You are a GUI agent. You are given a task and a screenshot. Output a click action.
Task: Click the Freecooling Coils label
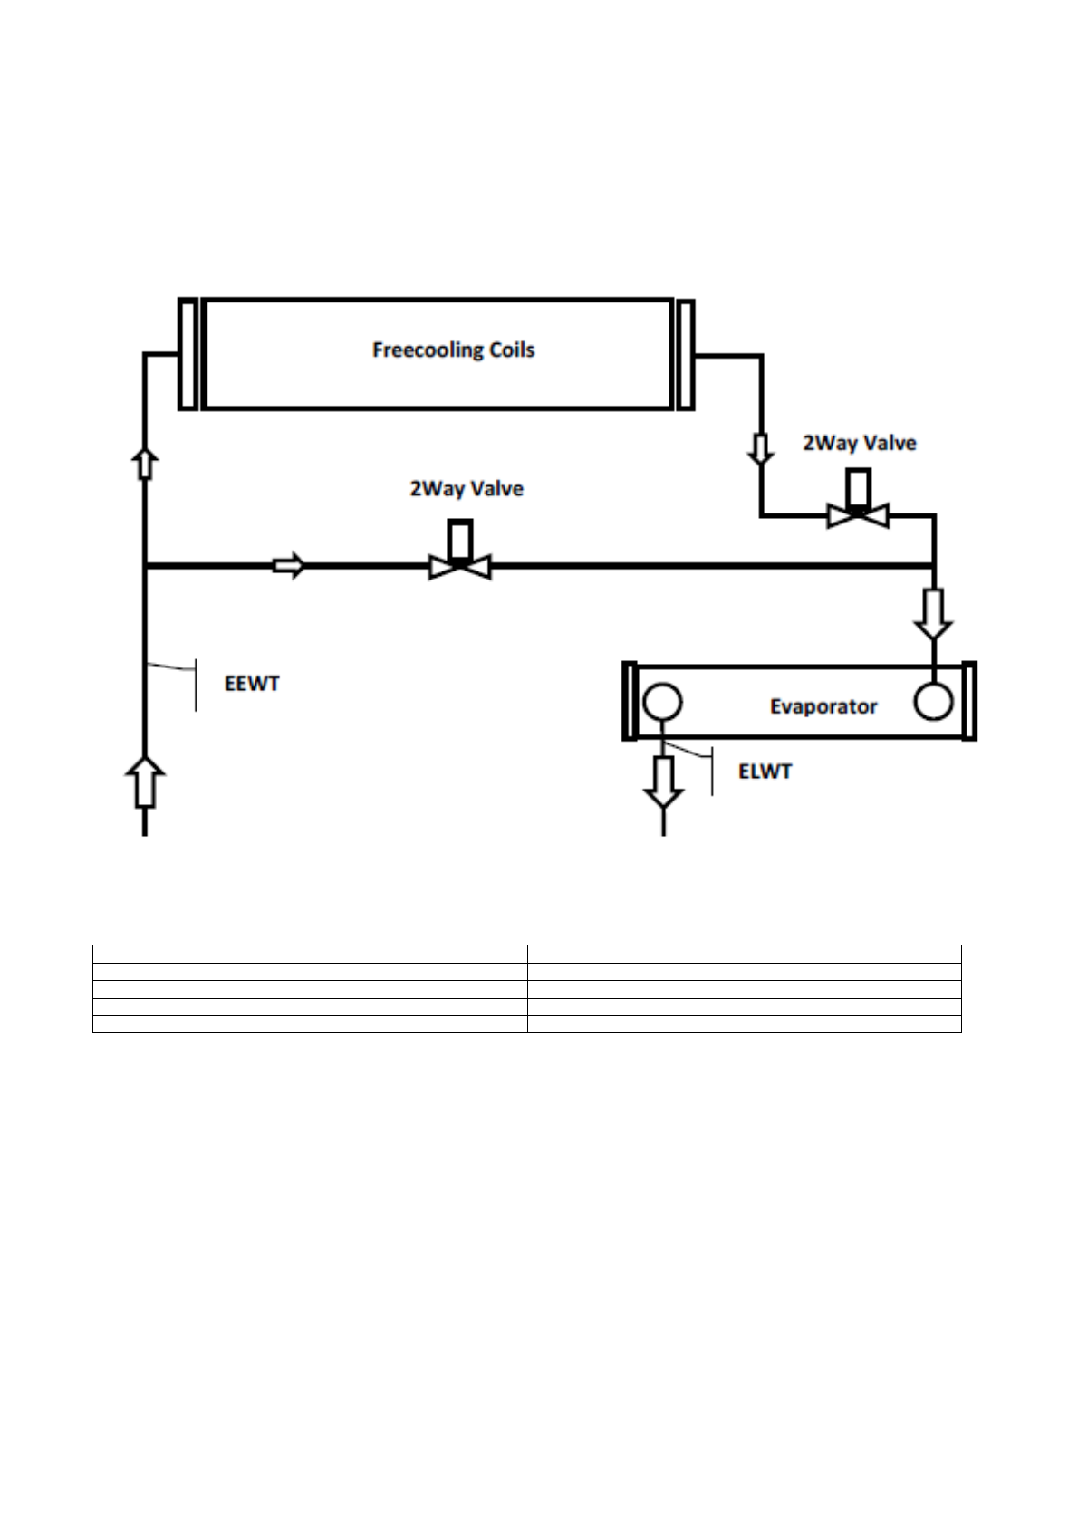click(x=453, y=350)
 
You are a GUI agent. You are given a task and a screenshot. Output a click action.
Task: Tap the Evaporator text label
click(x=823, y=706)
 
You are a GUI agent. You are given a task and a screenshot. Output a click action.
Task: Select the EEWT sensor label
click(x=252, y=684)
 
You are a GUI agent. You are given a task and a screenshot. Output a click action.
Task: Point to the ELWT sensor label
click(x=765, y=772)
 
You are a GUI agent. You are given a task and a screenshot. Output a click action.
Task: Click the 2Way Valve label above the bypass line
click(x=467, y=489)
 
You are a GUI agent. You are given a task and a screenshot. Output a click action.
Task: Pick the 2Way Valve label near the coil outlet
click(x=859, y=444)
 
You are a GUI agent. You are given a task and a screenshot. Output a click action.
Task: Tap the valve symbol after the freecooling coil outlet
click(x=858, y=513)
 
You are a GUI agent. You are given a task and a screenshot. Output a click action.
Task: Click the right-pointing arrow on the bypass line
click(x=289, y=566)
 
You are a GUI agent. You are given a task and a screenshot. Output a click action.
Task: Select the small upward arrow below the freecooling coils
click(x=145, y=463)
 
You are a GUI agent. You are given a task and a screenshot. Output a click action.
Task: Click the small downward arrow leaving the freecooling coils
click(x=760, y=449)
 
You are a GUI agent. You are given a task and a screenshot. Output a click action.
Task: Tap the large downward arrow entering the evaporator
click(x=933, y=613)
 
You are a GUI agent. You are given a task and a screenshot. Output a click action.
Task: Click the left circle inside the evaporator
click(x=662, y=702)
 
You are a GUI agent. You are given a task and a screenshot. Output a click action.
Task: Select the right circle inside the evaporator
click(x=933, y=702)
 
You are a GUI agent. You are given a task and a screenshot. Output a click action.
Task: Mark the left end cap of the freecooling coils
click(x=188, y=354)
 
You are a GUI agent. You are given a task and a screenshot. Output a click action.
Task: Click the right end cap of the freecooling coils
click(x=686, y=354)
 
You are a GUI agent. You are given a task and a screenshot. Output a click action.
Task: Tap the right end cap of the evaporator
click(x=968, y=702)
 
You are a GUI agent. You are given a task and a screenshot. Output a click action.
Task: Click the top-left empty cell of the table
click(x=310, y=953)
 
